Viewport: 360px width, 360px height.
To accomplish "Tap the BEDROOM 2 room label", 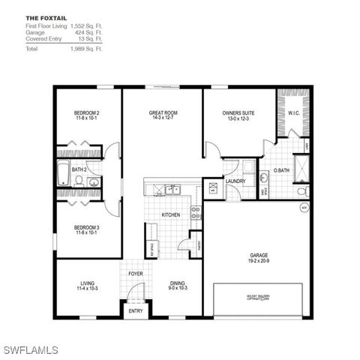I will (87, 112).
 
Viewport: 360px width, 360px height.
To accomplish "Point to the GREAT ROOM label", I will (162, 112).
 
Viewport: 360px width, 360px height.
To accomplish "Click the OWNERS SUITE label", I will (238, 112).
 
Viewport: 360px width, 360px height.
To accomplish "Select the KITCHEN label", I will (171, 215).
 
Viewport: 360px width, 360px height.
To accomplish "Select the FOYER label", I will (136, 274).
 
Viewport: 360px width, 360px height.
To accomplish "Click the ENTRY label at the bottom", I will (136, 310).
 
